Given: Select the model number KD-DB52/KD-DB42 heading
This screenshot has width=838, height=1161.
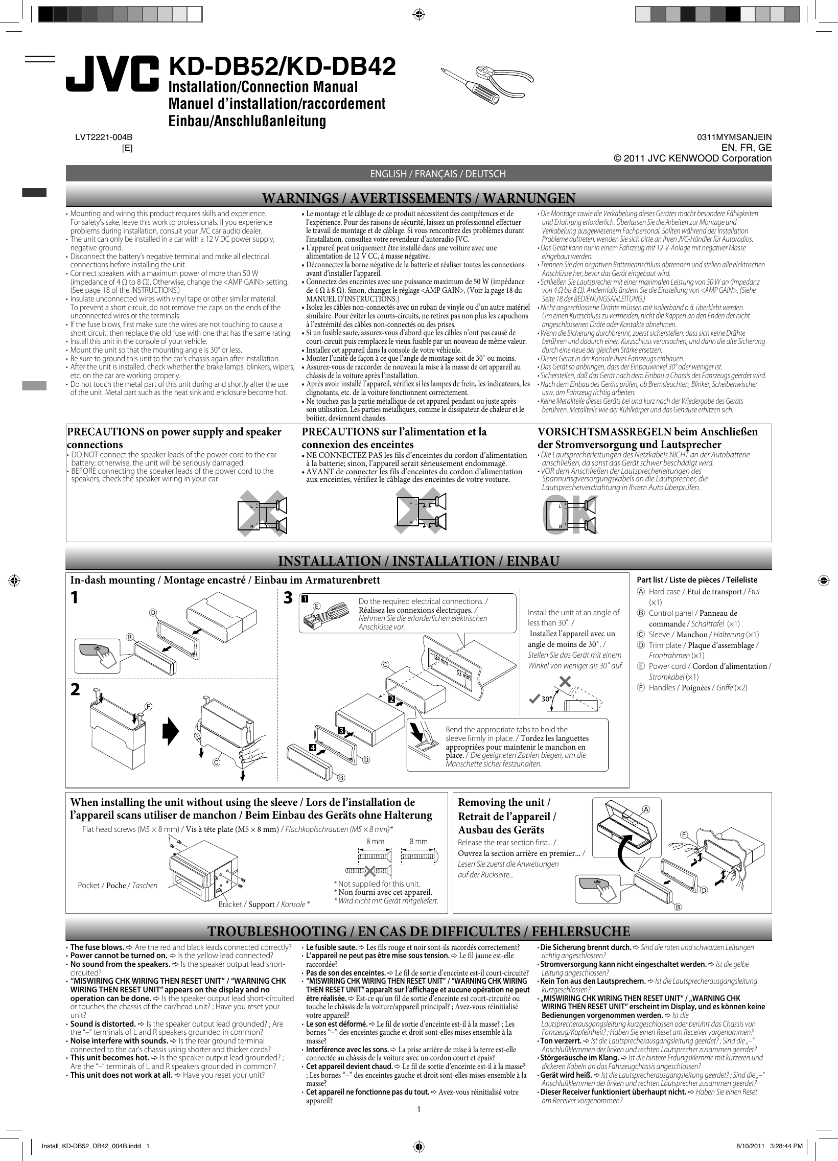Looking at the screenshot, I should pos(282,66).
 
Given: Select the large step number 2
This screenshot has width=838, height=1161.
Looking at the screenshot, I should pos(75,689).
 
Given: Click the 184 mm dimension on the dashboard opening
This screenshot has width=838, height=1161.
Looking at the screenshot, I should pos(439,659).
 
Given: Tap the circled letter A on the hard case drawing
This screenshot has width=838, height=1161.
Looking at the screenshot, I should pos(646,809).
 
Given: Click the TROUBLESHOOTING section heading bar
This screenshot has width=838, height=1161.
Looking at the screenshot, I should pos(418,931).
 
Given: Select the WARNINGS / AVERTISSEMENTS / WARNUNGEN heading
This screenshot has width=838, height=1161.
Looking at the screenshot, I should pos(418,198).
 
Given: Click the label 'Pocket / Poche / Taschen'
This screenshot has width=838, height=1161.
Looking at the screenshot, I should pos(117,885).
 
